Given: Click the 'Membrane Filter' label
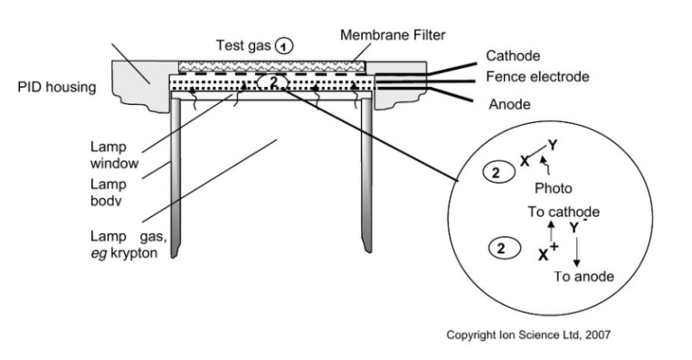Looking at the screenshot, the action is coord(393,35).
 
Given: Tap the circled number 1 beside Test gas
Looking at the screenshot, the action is coord(284,46).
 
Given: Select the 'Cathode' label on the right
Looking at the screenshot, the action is coord(513,55).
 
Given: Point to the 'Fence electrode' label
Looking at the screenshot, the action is coord(537,77).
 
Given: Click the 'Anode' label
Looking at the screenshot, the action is coord(510,104).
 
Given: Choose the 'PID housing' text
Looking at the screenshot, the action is coord(56,87).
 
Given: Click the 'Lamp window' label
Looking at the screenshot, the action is coord(114,155).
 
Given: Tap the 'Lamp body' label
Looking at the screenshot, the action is coord(109,193).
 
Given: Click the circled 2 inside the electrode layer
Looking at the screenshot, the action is coord(273,82).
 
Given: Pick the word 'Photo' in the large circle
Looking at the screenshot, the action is coord(553,188).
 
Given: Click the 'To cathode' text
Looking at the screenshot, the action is coord(564,212).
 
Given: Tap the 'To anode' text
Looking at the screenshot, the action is coord(583,277).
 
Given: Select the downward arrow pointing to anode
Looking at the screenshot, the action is coord(576,251).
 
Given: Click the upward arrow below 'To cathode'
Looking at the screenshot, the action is coord(551,232).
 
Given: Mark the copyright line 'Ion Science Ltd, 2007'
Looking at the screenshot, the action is coord(555,335).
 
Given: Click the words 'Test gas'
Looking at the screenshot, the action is coord(243,45).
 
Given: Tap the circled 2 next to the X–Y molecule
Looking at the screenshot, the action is coord(498,172).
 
